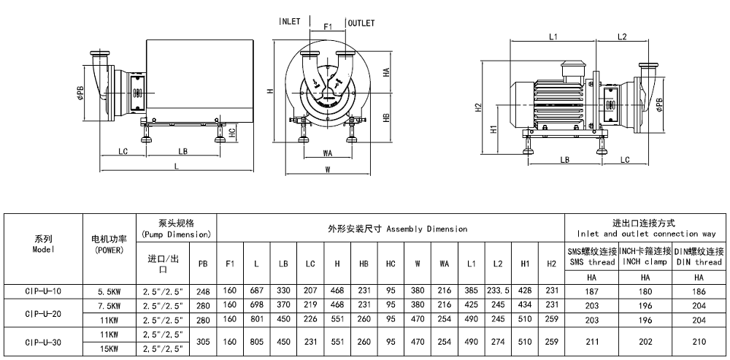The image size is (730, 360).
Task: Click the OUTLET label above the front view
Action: [361, 23]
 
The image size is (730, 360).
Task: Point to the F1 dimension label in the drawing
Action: [328, 26]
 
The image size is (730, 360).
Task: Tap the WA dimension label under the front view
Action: [328, 153]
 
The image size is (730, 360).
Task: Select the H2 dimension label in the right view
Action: [479, 107]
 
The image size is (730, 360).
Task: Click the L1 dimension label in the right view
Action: [553, 36]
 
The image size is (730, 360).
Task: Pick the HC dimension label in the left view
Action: [231, 132]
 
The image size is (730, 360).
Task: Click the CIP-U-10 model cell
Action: [43, 291]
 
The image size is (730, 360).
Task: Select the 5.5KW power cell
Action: [109, 291]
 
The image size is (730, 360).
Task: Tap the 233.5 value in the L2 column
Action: [498, 291]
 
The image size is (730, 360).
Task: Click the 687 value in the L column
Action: [256, 291]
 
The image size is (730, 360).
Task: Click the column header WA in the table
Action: [444, 263]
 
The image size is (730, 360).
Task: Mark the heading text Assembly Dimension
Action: [426, 229]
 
